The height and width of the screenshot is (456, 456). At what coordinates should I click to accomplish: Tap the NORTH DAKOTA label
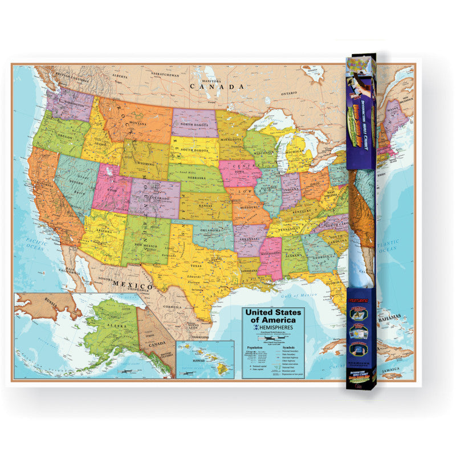pyautogui.click(x=193, y=124)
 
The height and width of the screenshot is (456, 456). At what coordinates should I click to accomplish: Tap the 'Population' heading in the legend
pyautogui.click(x=254, y=347)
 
